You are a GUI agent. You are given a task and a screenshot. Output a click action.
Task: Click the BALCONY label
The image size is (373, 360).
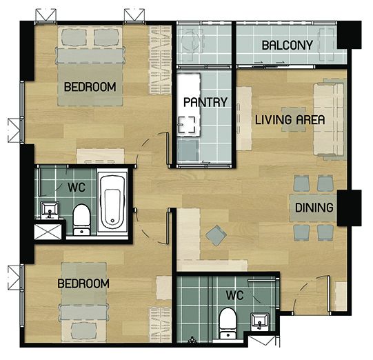point(287,46)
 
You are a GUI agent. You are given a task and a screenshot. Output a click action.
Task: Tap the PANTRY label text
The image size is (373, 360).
point(205,102)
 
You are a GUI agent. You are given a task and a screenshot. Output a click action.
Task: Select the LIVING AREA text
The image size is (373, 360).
point(290,119)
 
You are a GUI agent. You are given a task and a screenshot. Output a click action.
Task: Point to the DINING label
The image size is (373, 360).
point(314,208)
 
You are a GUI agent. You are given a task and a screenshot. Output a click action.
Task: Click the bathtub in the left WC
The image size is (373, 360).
point(112,202)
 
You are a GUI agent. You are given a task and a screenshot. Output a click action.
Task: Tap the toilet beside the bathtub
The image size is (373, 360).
point(81,219)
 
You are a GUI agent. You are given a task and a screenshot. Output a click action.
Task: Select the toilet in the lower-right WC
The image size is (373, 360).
point(228,323)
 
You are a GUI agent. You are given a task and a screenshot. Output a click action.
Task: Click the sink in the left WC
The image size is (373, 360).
point(50,210)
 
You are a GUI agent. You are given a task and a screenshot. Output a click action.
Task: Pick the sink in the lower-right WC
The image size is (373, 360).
point(260,321)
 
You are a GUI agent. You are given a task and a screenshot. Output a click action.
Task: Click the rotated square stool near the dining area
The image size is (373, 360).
point(216,236)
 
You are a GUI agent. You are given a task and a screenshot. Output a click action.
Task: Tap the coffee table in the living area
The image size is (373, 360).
point(294,119)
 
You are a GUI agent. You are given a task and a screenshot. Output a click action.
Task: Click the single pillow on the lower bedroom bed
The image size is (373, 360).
point(83,331)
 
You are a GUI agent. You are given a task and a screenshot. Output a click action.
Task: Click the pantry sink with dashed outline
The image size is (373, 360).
point(187,124)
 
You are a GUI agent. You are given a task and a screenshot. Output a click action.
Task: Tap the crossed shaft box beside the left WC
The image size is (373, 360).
point(48,232)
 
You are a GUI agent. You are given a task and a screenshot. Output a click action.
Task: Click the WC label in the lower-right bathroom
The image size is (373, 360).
point(234,295)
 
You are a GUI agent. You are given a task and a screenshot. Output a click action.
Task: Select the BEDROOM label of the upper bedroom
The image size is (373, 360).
point(90,87)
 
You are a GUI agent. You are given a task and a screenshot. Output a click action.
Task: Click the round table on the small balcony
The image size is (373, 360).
point(190,42)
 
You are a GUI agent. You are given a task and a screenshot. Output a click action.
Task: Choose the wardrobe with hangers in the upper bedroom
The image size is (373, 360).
point(160,59)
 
